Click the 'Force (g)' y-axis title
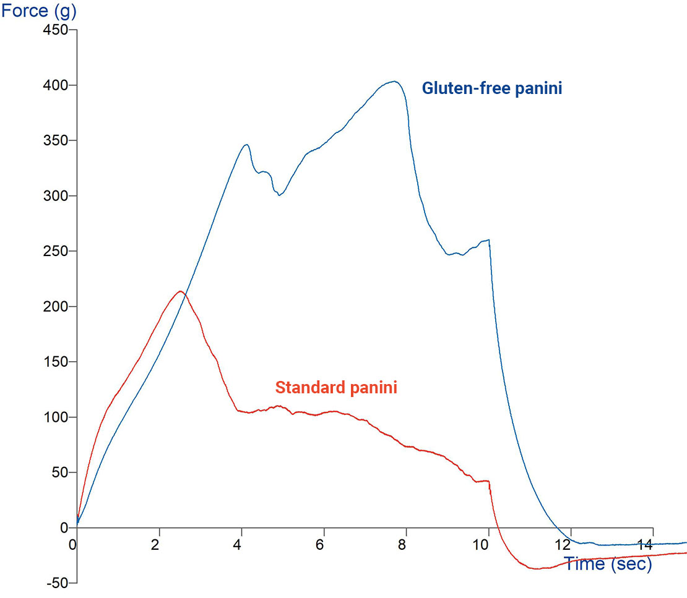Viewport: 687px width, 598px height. coord(38,11)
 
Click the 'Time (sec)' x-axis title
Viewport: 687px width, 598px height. coord(608,564)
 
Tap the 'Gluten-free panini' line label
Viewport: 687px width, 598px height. coord(491,88)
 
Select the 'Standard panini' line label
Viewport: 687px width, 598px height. coord(336,387)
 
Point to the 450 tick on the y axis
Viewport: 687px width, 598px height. coord(56,30)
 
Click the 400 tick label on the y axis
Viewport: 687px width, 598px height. coord(56,85)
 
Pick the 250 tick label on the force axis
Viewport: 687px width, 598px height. coord(56,251)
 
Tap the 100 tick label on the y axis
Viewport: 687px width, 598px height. coord(56,417)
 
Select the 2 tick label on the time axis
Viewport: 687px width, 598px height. coord(155,545)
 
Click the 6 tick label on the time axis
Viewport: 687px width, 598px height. coord(320,545)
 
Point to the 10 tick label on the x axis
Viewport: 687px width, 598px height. coord(481,545)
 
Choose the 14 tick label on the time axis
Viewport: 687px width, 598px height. coord(645,545)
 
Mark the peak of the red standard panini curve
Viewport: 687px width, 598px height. coord(180,291)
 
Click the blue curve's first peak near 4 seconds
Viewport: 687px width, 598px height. coord(247,145)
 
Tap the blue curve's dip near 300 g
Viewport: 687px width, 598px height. coord(279,195)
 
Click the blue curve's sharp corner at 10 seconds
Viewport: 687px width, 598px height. coord(488,240)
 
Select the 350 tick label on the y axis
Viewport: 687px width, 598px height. coord(56,140)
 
